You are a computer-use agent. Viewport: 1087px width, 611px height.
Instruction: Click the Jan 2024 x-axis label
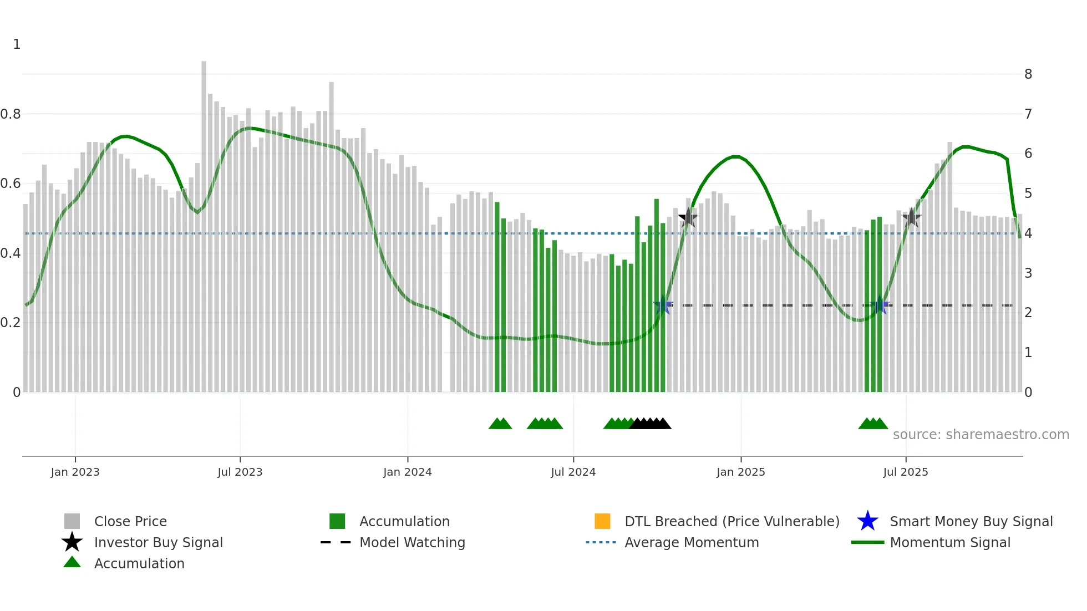[x=407, y=472]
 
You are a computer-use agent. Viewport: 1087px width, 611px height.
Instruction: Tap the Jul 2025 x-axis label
[x=905, y=472]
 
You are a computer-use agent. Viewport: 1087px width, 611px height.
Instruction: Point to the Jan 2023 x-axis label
[x=75, y=472]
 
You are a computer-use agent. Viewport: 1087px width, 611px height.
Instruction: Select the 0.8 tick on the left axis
[x=11, y=114]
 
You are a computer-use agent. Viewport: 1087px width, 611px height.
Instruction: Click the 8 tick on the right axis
[x=1028, y=74]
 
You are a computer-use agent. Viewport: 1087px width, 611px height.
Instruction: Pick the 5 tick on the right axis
[x=1028, y=194]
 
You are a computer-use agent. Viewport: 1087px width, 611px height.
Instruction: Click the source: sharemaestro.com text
[x=981, y=435]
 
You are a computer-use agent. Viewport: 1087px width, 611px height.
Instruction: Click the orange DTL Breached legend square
[x=602, y=521]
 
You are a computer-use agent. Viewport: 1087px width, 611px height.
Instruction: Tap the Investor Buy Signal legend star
[x=72, y=542]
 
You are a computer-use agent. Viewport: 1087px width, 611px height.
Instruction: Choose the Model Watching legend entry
[x=412, y=542]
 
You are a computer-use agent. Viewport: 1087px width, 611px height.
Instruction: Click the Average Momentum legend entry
[x=691, y=542]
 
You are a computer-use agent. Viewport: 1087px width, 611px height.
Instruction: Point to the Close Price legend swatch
[x=72, y=521]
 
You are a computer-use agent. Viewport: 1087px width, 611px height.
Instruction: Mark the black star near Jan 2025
[x=688, y=218]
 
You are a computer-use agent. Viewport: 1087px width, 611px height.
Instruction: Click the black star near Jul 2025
[x=911, y=218]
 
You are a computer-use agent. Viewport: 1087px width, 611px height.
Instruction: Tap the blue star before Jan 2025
[x=663, y=305]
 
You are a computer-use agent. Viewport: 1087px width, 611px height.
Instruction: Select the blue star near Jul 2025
[x=880, y=305]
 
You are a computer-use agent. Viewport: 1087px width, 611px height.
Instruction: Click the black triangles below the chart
[x=650, y=424]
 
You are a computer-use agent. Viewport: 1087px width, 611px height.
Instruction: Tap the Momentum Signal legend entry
[x=949, y=542]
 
